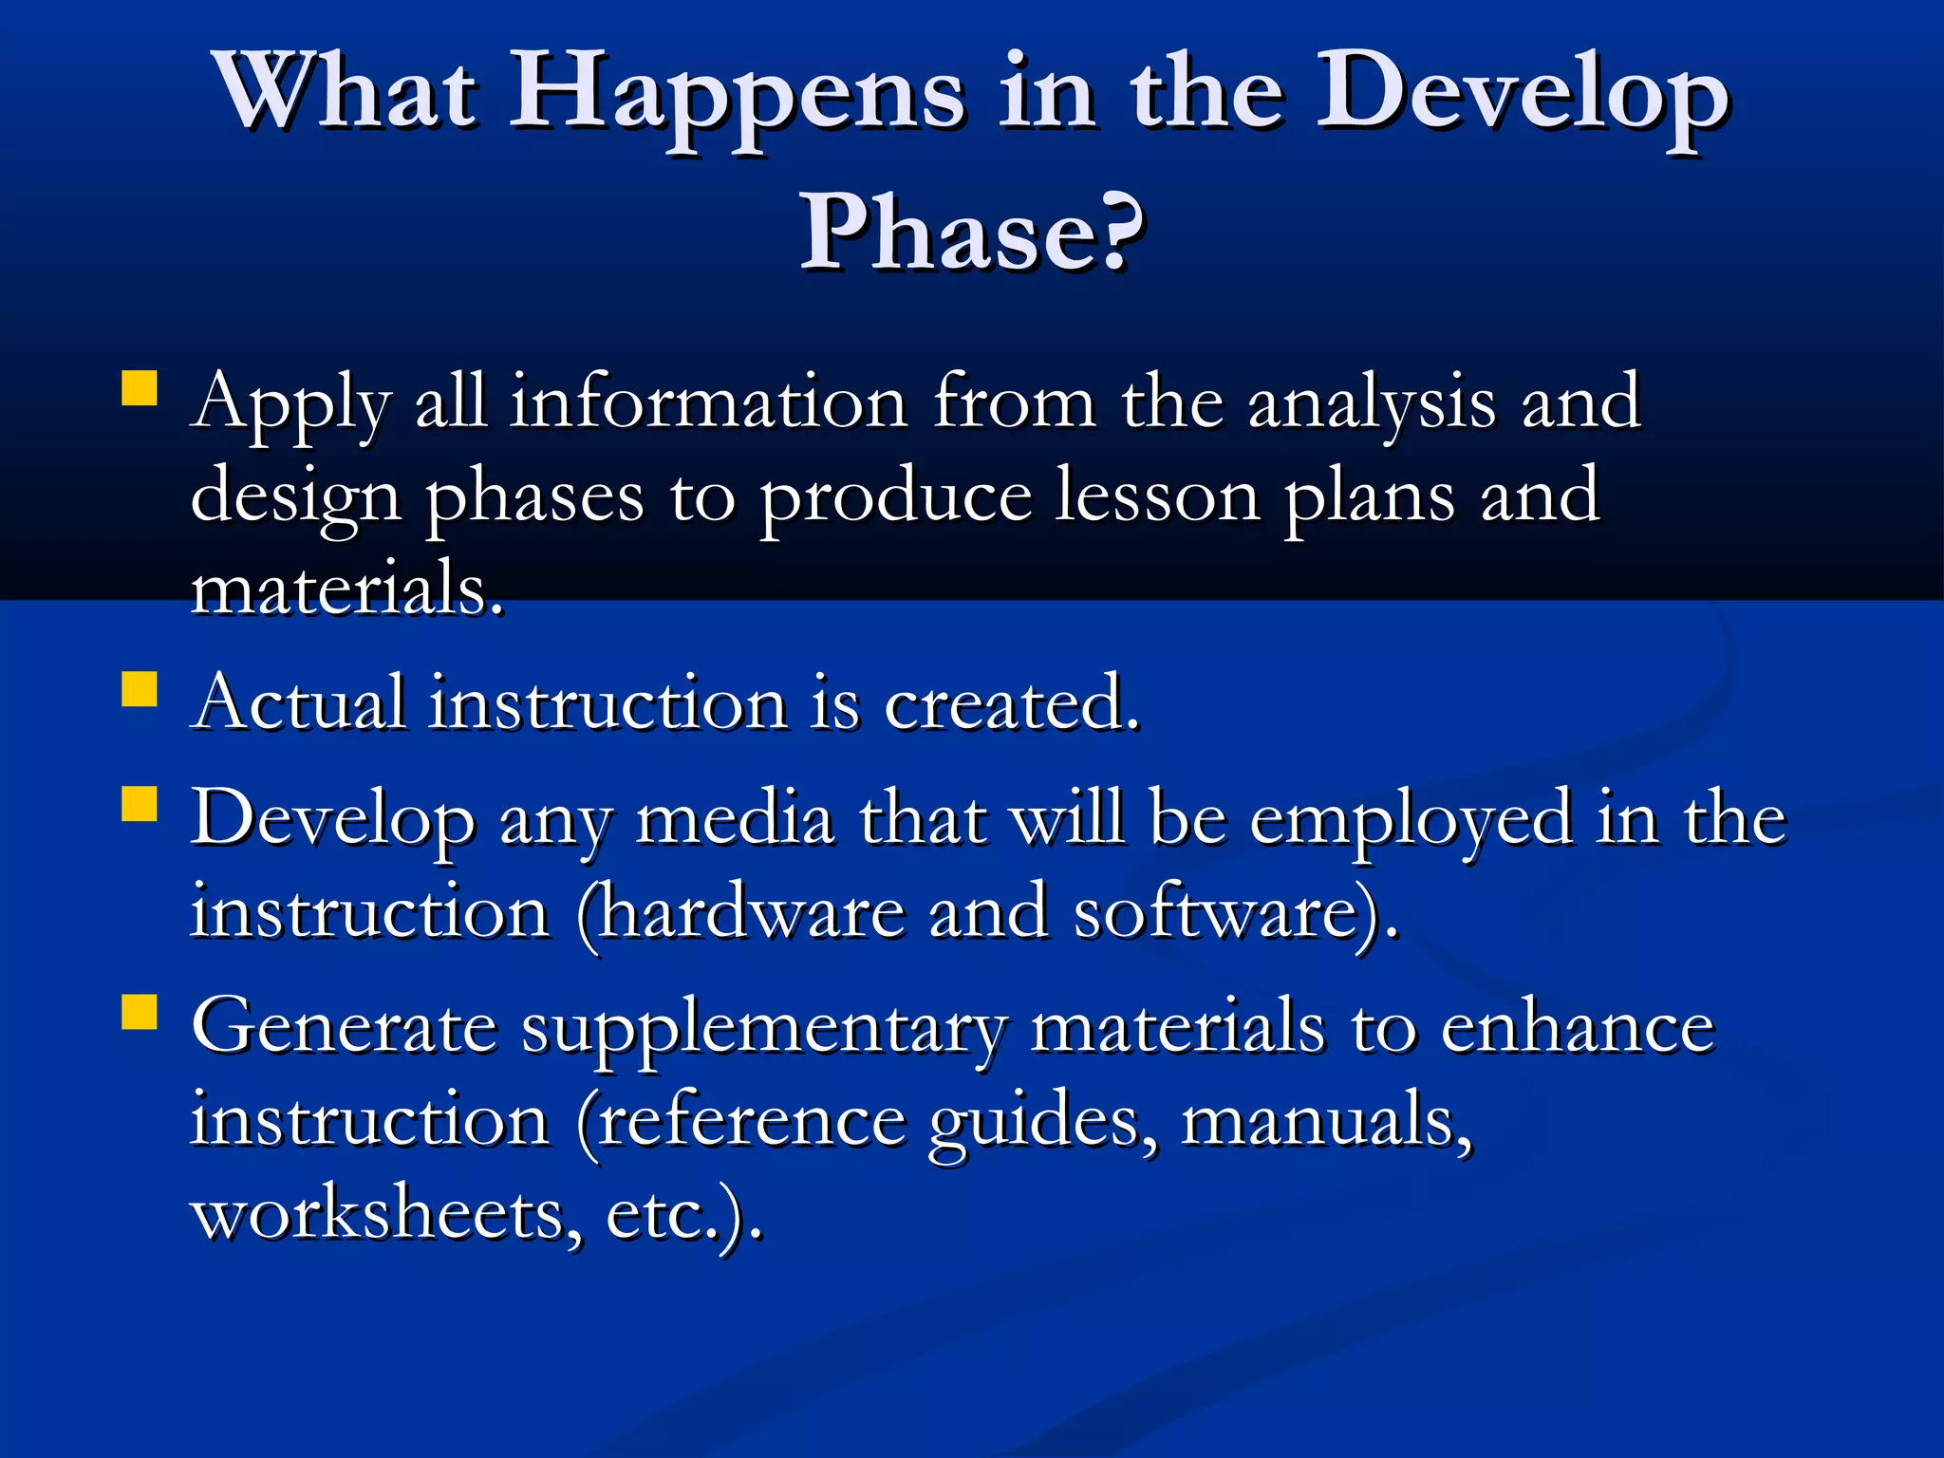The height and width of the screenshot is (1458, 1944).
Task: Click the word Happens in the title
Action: [738, 95]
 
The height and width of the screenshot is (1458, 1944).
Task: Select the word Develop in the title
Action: [1523, 95]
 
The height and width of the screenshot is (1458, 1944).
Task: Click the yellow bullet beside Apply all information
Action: [140, 389]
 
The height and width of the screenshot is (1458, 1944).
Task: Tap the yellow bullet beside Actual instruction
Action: [140, 689]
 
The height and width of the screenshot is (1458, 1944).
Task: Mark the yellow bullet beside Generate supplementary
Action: [140, 1012]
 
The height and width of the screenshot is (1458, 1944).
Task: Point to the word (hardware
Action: [740, 913]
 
